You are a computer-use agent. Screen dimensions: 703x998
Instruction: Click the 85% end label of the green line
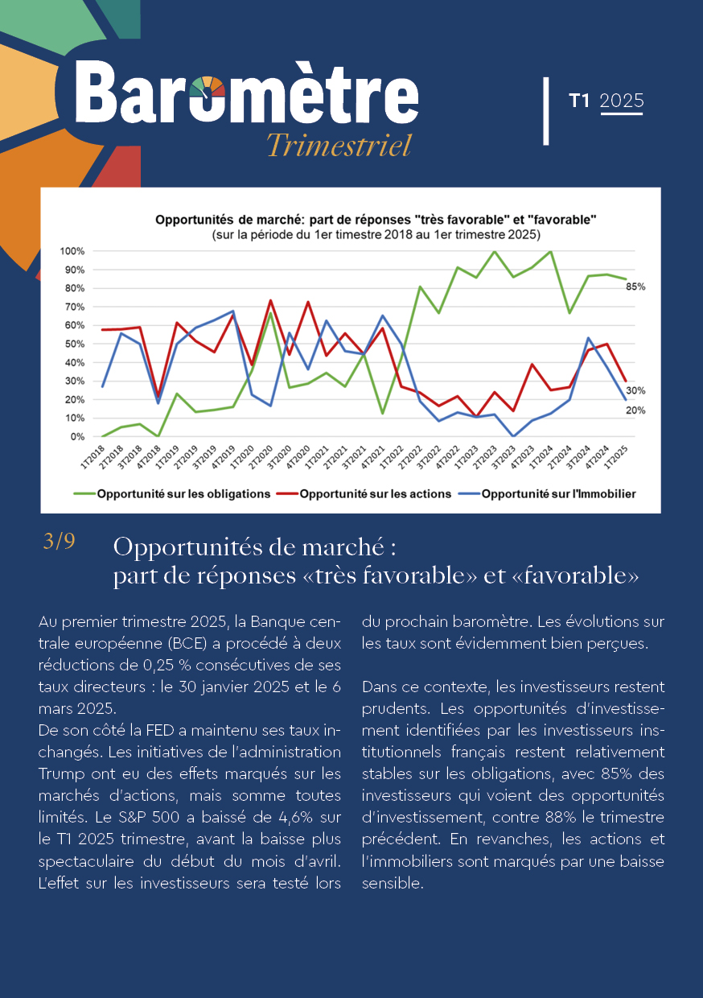pos(635,287)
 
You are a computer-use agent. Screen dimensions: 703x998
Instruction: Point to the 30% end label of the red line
pos(635,390)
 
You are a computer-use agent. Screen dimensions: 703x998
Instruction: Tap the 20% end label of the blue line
pos(635,410)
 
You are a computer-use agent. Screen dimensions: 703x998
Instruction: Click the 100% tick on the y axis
pos(72,251)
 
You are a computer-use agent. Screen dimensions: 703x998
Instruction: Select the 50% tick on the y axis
pos(74,344)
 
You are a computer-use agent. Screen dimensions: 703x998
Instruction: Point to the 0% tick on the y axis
pos(77,437)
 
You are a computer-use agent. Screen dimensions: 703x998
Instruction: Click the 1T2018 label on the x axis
pos(92,456)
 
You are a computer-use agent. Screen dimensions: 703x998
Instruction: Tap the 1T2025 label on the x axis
pos(616,456)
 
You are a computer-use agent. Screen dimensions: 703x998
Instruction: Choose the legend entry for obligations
pos(172,494)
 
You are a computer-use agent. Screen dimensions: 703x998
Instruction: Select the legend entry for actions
pos(364,494)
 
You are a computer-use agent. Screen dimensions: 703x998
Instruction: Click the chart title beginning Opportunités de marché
pos(376,220)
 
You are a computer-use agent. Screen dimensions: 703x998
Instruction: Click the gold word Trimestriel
pos(339,145)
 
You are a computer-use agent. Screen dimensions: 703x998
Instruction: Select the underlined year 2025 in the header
pos(622,101)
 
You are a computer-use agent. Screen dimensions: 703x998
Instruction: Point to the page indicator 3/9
pos(60,542)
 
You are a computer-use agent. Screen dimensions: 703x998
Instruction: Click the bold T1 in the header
pos(579,101)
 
